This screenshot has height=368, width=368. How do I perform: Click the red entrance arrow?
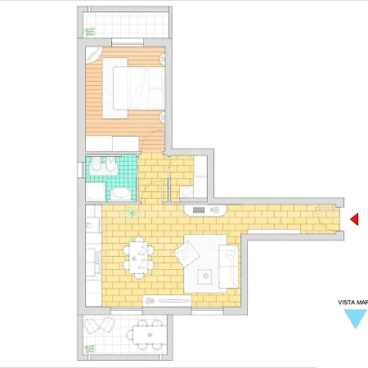coord(355,219)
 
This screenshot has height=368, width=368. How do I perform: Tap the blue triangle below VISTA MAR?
coord(356,316)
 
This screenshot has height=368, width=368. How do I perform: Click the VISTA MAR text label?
coord(353,303)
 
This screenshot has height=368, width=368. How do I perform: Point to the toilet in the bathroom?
coord(96,164)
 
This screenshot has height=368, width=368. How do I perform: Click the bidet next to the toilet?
coord(110,164)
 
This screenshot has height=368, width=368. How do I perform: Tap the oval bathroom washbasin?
coord(120,194)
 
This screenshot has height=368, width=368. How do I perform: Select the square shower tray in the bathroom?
coord(96,192)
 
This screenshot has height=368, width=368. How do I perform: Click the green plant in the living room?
coord(132,212)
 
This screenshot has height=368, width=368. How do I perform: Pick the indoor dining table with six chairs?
coord(138,258)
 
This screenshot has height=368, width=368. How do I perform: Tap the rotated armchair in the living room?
coord(186,254)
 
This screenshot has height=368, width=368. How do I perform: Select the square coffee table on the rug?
coord(204,276)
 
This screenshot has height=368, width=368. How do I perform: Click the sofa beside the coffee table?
coord(228,267)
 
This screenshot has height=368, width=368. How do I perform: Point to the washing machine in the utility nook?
coord(186,191)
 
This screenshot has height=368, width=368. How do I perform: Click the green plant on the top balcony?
coord(90,32)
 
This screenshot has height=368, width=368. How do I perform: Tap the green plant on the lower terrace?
coord(90,349)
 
